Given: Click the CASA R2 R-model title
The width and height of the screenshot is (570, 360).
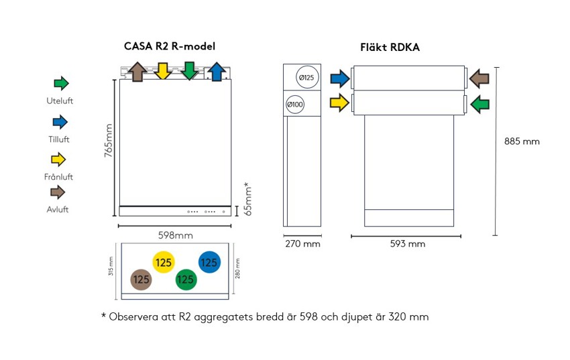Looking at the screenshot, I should point(170,46).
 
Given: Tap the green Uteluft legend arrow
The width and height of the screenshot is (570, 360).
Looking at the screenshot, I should point(61,84).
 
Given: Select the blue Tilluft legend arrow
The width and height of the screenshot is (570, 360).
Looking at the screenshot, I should point(60,122).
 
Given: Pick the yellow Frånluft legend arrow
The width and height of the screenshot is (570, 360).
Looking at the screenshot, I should point(60,160).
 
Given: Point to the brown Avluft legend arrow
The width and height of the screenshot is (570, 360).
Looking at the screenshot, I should point(59,192).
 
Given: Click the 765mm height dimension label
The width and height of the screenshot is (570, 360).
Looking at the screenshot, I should point(108,141).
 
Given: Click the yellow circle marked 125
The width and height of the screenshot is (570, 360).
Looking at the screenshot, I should point(164,263).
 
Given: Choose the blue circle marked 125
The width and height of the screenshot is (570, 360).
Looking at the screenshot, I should point(209,263).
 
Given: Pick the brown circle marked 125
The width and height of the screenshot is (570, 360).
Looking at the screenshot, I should point(141,280).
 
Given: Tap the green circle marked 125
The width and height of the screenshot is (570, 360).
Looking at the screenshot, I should point(186,280).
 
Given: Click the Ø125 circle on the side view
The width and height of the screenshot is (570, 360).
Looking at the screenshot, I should point(306,78).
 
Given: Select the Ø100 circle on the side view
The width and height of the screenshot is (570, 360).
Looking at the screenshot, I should point(295,105).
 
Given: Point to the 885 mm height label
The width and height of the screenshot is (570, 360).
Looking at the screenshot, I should point(522,141).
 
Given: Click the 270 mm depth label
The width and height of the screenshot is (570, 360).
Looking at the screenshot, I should point(303,244).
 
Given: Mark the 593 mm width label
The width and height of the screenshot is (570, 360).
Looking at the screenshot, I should point(408,244).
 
